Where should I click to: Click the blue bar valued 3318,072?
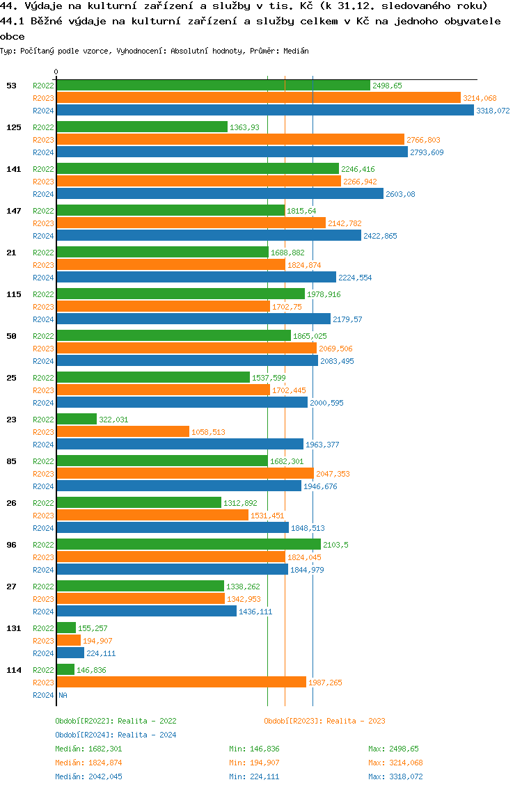coord(264,111)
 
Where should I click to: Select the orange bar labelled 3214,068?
coord(258,98)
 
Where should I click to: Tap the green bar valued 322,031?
coord(77,419)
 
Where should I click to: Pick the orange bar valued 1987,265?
coord(181,683)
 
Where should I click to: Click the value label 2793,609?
coord(426,152)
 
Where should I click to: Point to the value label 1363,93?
coord(244,127)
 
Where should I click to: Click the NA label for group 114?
coord(63,695)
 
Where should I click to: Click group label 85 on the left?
coord(11,461)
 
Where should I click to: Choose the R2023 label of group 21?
coord(43,265)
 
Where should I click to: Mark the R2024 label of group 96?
coord(43,570)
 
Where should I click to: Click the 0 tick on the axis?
coord(56,72)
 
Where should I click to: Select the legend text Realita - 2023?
coord(356,721)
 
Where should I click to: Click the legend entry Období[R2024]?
coord(85,735)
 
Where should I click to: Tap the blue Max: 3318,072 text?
coord(395,776)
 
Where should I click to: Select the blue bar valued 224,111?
coord(70,653)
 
